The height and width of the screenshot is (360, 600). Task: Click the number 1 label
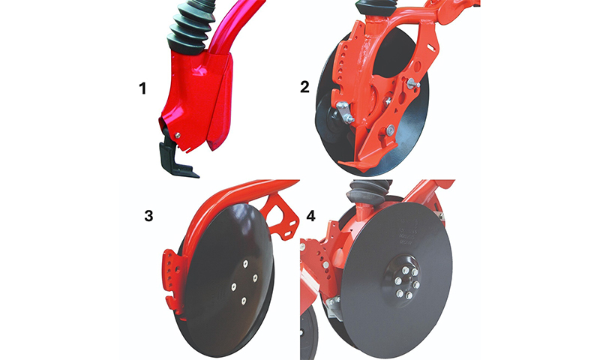click(x=142, y=88)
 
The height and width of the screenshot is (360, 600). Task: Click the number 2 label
click(x=304, y=87)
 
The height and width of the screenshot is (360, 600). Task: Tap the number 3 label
click(x=148, y=216)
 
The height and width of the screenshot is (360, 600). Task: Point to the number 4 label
click(x=310, y=216)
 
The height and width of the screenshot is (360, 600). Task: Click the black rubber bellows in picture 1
click(x=190, y=28)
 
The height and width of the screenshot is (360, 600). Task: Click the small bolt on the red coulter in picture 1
click(x=177, y=136)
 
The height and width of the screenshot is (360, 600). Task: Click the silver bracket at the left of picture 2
click(x=344, y=112)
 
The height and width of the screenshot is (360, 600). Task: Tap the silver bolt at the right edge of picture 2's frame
click(x=413, y=83)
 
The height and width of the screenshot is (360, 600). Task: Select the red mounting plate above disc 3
click(x=284, y=217)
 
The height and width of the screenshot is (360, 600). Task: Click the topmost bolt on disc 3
click(x=246, y=263)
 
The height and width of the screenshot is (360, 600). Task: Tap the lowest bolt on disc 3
click(x=243, y=301)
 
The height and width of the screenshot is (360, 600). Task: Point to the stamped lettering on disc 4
click(x=406, y=232)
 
